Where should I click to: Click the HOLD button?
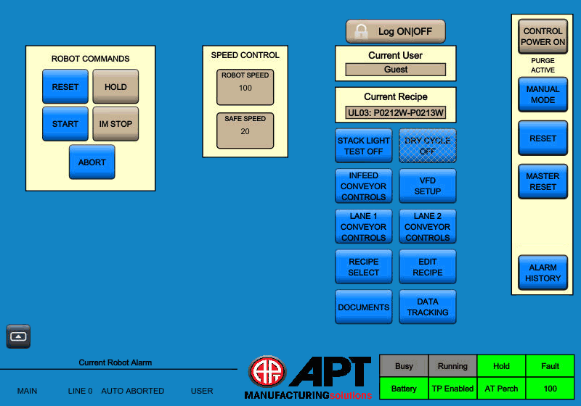tap(115, 86)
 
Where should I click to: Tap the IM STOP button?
tap(115, 124)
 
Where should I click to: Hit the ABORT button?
tap(92, 162)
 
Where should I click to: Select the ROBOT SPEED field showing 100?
tap(245, 87)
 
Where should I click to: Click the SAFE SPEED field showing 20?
tap(245, 130)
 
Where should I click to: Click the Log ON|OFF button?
tap(395, 31)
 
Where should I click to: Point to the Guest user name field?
tap(395, 70)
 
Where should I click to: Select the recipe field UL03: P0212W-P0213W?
tap(395, 113)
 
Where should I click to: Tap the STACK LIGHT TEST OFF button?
tap(363, 146)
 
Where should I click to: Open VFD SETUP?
tap(427, 186)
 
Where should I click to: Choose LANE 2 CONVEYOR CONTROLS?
tap(427, 226)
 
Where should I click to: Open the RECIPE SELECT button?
tap(363, 267)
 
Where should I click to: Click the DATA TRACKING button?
tap(427, 307)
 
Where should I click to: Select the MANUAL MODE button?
tap(543, 95)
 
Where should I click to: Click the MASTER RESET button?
tap(543, 181)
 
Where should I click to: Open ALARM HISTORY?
tap(543, 273)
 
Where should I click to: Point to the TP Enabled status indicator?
tap(452, 389)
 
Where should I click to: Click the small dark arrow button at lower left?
tap(19, 336)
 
